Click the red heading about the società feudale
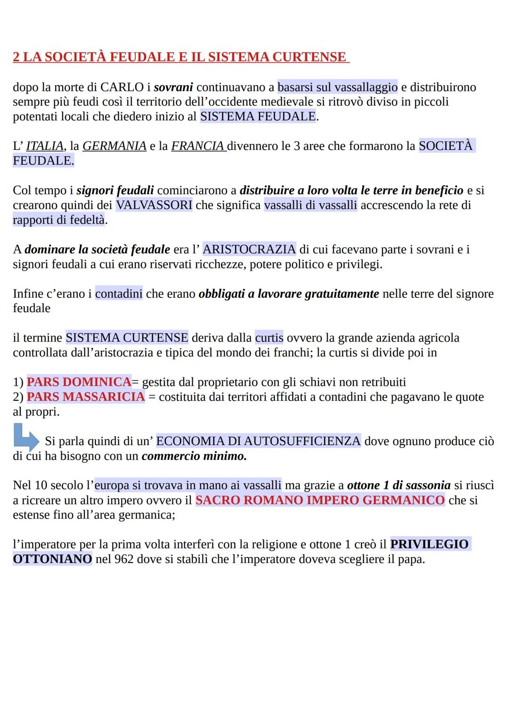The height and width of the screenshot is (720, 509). click(181, 57)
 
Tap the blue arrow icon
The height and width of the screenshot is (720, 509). click(26, 438)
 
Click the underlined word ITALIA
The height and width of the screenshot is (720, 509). click(45, 146)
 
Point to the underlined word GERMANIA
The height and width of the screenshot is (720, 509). click(115, 146)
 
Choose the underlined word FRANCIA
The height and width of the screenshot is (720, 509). click(198, 146)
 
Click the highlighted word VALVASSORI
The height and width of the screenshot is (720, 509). click(154, 205)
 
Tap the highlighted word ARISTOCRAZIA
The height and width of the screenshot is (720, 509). click(249, 249)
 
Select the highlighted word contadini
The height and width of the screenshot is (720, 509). click(119, 294)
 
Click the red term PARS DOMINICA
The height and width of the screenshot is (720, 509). click(79, 382)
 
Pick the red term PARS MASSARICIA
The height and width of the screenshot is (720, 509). click(86, 397)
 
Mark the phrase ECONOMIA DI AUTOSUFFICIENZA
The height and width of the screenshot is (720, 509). click(258, 441)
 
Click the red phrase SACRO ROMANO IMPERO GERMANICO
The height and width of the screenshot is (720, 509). click(320, 500)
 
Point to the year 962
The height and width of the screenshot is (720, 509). click(124, 560)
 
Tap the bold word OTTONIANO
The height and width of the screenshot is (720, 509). click(52, 560)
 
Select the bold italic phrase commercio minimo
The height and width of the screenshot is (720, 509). click(194, 456)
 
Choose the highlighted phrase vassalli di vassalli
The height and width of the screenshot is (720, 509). click(311, 205)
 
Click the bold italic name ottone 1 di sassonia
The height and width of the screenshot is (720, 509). click(399, 486)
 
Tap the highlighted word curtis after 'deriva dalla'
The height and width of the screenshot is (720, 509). click(269, 338)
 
